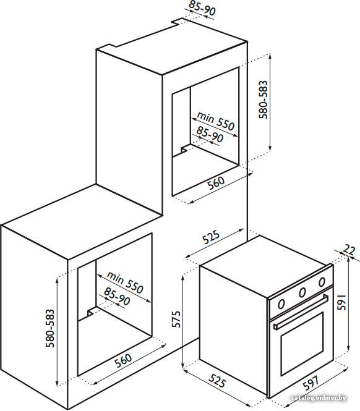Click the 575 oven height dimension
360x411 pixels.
[176, 319]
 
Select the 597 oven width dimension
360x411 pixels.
[311, 384]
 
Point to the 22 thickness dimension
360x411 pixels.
[349, 250]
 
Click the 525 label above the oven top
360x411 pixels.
[211, 237]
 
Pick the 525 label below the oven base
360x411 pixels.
[217, 381]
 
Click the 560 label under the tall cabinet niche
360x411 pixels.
[216, 183]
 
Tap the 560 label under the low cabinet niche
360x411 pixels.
[123, 361]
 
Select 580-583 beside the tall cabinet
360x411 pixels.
[263, 100]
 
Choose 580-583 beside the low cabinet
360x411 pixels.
[50, 328]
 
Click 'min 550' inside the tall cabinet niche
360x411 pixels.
[215, 121]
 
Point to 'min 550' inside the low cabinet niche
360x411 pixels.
[125, 282]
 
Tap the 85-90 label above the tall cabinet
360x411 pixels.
[202, 7]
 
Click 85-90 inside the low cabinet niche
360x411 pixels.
[117, 297]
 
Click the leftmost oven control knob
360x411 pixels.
[281, 304]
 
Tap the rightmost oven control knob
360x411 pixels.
[322, 282]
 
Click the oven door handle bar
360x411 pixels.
[301, 311]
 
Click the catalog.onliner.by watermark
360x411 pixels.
[319, 398]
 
